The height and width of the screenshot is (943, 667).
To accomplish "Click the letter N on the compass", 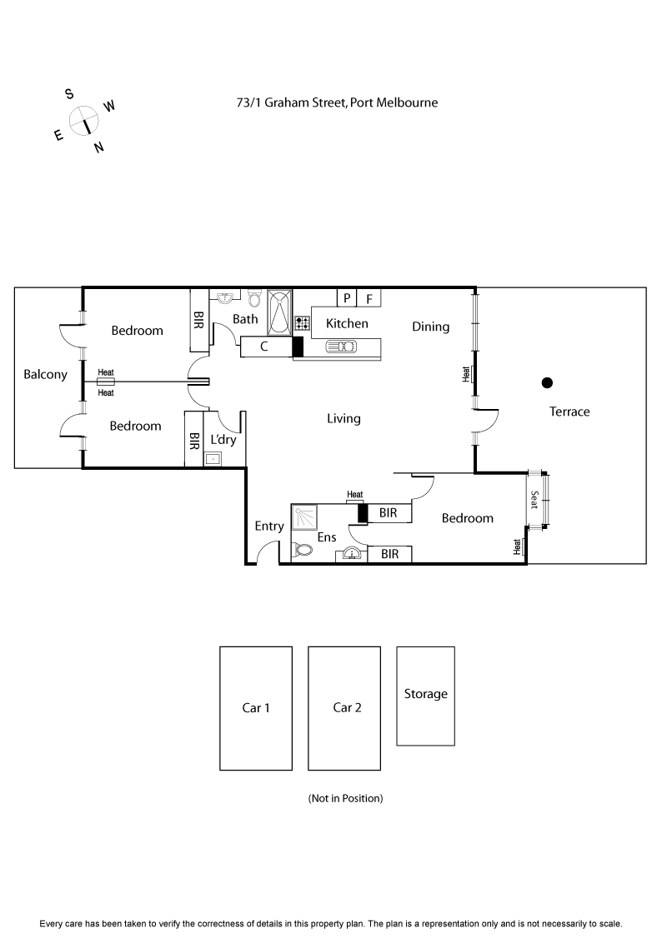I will point(98,147).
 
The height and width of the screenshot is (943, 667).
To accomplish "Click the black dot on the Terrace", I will point(547,383).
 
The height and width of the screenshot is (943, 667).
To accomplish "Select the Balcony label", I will point(45,374).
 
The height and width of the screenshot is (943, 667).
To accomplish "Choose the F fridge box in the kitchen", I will point(369,298).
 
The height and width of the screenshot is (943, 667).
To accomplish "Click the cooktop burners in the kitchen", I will point(302,322).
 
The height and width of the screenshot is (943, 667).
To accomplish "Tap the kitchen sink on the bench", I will point(342,347).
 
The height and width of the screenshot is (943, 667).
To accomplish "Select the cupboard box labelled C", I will point(264,347).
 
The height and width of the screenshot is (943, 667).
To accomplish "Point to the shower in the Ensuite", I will point(303,517).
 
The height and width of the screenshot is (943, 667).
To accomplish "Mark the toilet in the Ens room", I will point(302,550).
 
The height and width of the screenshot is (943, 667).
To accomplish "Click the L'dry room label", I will point(223,439).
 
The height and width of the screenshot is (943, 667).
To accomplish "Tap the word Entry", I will point(269,526).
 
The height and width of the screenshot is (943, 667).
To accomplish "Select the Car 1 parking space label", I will point(256,708).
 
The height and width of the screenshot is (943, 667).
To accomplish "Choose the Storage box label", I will point(425,694).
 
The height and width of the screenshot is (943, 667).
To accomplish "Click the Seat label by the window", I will point(534,500).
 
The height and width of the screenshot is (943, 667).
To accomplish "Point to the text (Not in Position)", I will point(345,798).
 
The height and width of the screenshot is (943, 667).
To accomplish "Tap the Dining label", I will point(430,327).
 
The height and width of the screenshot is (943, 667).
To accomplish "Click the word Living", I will point(344,418).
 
